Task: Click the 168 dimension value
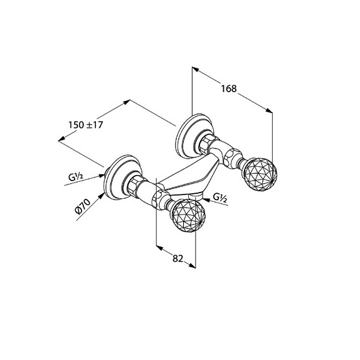coord(229,88)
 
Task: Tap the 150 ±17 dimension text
coord(86,125)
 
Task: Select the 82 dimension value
coord(177,258)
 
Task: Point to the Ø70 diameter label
coord(83,206)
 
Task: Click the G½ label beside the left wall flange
coord(75,177)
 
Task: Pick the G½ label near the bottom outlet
coord(220,198)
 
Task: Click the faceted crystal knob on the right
coord(260,174)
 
